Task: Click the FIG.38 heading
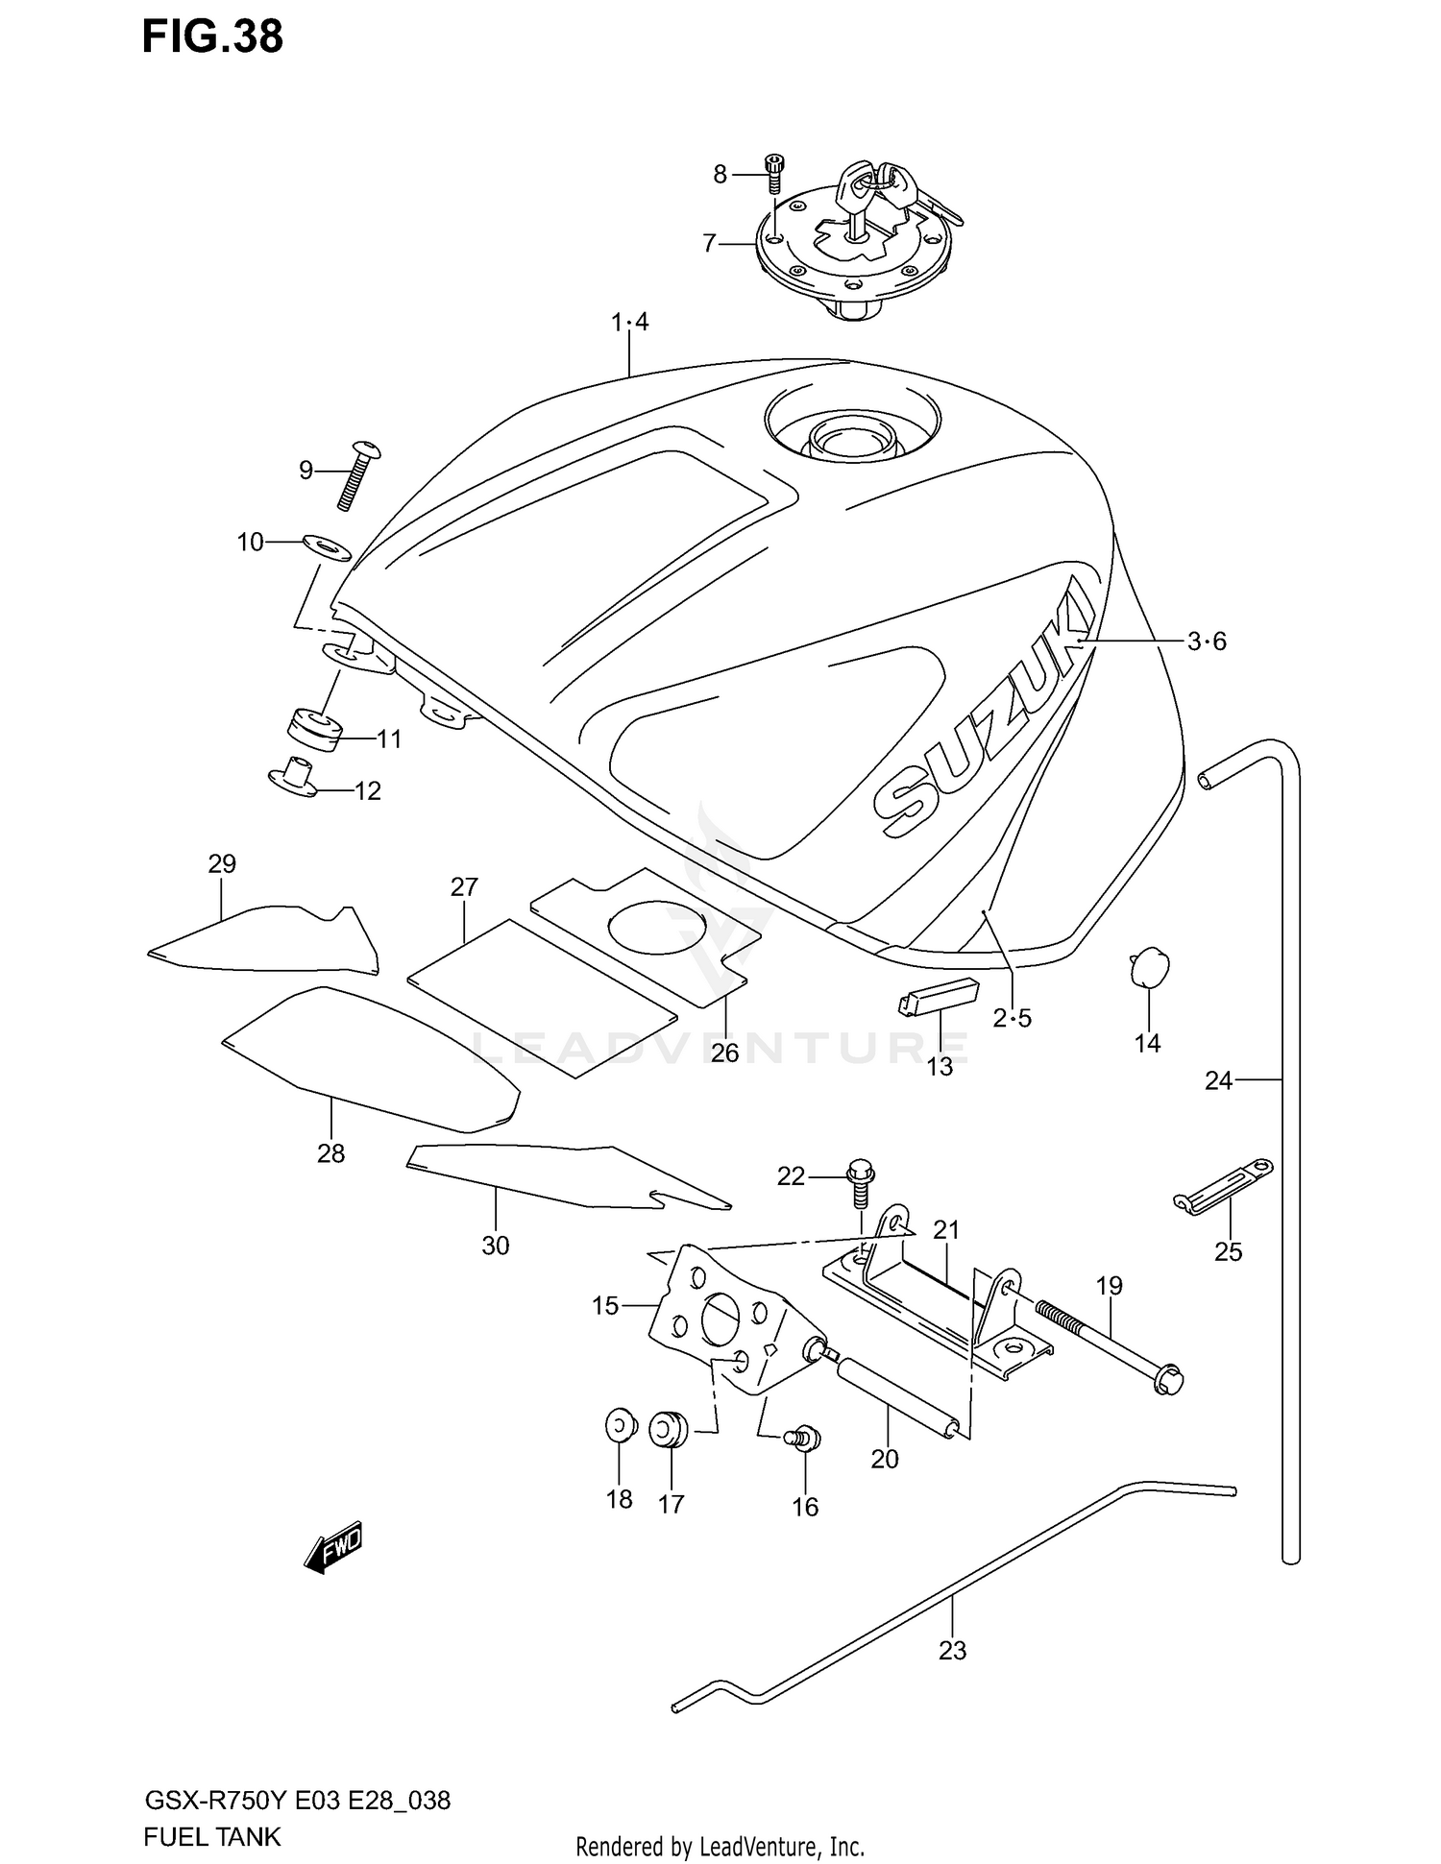pos(212,36)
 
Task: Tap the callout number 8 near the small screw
pos(720,174)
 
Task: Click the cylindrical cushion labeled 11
pos(314,730)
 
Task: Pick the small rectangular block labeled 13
pos(937,997)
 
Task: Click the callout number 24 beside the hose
pos(1218,1080)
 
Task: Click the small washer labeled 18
pos(621,1425)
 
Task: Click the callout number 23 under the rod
pos(952,1650)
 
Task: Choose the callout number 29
pos(222,863)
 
